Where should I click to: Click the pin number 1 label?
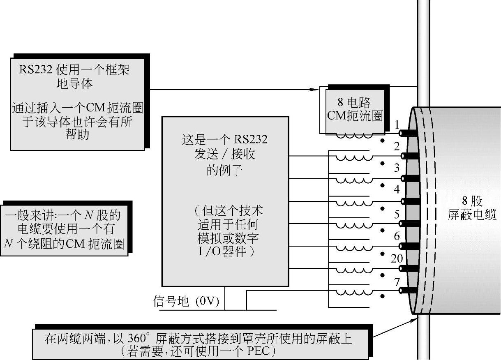point(397,124)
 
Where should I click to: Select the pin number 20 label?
point(396,258)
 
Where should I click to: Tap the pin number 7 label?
point(397,282)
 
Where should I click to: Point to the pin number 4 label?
point(397,189)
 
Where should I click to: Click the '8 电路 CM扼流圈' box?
point(354,109)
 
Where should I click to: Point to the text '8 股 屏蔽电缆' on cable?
point(472,208)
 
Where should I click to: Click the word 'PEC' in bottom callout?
point(258,352)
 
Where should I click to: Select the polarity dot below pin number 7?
point(382,296)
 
